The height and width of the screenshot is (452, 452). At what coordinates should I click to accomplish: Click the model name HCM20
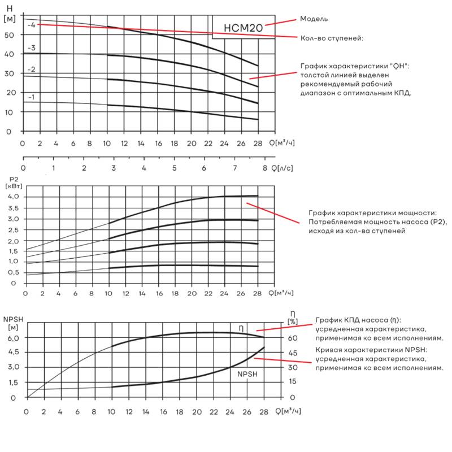pyautogui.click(x=244, y=28)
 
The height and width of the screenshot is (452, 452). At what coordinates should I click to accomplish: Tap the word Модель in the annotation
pyautogui.click(x=314, y=19)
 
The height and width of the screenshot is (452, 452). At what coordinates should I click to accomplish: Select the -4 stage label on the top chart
pyautogui.click(x=32, y=25)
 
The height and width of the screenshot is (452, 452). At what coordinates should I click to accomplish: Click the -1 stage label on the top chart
pyautogui.click(x=31, y=97)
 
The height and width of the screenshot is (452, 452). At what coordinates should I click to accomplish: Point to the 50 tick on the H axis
pyautogui.click(x=9, y=35)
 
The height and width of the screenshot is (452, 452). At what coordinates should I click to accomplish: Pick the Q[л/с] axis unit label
pyautogui.click(x=282, y=168)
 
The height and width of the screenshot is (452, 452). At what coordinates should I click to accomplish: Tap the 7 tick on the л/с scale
pyautogui.click(x=234, y=168)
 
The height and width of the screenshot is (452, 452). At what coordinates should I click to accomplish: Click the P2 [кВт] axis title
pyautogui.click(x=14, y=182)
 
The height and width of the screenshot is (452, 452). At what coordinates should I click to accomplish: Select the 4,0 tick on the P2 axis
pyautogui.click(x=13, y=197)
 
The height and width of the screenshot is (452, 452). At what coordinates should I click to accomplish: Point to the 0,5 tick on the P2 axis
pyautogui.click(x=13, y=272)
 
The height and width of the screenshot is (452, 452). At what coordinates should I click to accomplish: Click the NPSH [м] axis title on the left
pyautogui.click(x=13, y=323)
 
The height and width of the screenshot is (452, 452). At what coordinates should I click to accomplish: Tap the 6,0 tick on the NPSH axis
pyautogui.click(x=14, y=338)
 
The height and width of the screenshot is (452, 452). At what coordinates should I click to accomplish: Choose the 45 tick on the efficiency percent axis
pyautogui.click(x=293, y=353)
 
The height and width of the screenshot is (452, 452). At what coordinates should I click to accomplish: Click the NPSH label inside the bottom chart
pyautogui.click(x=247, y=374)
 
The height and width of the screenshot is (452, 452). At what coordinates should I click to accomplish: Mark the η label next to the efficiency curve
pyautogui.click(x=241, y=329)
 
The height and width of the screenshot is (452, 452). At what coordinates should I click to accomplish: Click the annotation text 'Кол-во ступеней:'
pyautogui.click(x=332, y=38)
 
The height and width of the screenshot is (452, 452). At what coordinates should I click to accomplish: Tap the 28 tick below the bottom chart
pyautogui.click(x=264, y=412)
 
